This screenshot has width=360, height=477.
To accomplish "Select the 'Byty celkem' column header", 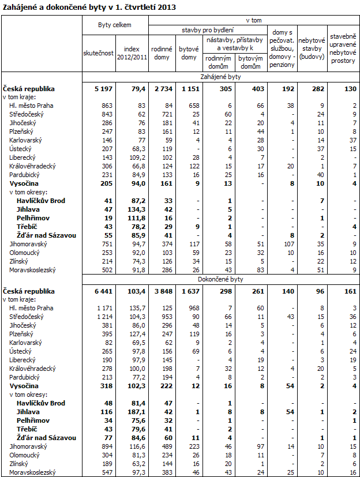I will (115, 25).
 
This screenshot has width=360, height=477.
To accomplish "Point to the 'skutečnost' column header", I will (98, 53).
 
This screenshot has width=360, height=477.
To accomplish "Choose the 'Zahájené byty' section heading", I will (220, 76).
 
